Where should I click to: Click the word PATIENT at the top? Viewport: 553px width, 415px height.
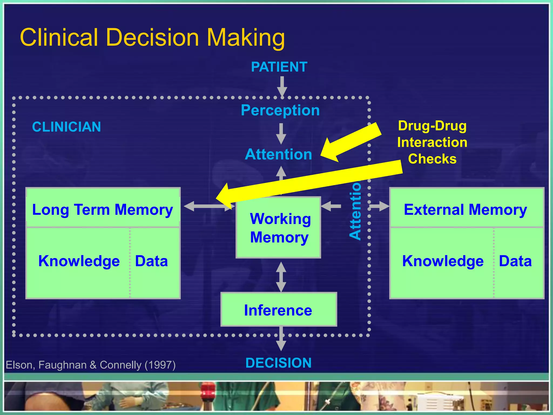pyautogui.click(x=279, y=67)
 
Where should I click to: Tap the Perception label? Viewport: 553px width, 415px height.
pyautogui.click(x=280, y=110)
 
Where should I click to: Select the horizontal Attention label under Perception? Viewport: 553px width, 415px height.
pyautogui.click(x=278, y=154)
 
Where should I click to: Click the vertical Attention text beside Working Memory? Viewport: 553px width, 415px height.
pyautogui.click(x=355, y=211)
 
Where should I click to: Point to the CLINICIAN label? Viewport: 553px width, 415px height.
pyautogui.click(x=66, y=127)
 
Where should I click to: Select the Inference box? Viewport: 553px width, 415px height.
pyautogui.click(x=278, y=310)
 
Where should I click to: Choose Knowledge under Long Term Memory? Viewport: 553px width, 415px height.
pyautogui.click(x=79, y=261)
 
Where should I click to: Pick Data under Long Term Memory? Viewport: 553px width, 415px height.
pyautogui.click(x=151, y=261)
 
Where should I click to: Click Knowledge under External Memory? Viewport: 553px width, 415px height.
pyautogui.click(x=443, y=261)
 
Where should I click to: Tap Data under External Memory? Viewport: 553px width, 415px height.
pyautogui.click(x=515, y=261)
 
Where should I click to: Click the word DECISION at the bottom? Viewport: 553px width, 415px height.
pyautogui.click(x=278, y=363)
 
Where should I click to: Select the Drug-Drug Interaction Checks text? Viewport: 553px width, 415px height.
pyautogui.click(x=432, y=142)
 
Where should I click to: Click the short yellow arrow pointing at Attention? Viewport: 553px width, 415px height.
pyautogui.click(x=351, y=142)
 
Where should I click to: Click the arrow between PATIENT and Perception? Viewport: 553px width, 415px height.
pyautogui.click(x=282, y=86)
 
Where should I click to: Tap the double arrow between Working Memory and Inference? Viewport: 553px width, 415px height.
pyautogui.click(x=281, y=277)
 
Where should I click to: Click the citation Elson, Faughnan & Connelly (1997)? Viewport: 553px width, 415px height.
pyautogui.click(x=91, y=365)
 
